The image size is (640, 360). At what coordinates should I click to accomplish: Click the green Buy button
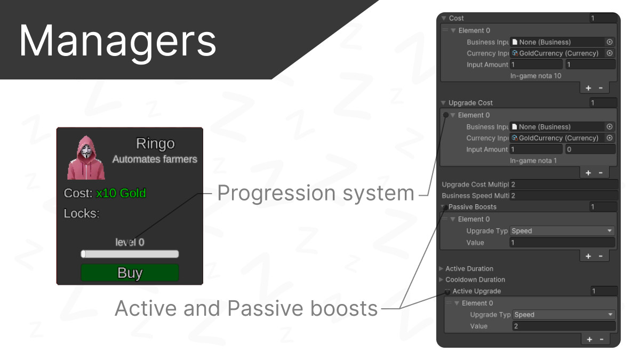[x=130, y=273]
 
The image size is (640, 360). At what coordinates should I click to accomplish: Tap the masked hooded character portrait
[x=86, y=158]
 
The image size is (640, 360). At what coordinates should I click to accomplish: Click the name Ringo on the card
[x=155, y=143]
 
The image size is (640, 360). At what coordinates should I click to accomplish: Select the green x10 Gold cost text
[x=121, y=194]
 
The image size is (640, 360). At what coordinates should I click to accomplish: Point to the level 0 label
[x=130, y=242]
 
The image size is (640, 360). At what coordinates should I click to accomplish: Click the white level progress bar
[x=130, y=254]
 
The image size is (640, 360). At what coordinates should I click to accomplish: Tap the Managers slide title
[x=117, y=42]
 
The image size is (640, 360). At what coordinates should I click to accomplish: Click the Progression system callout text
[x=316, y=193]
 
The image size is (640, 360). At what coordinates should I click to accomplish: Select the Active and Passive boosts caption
[x=246, y=309]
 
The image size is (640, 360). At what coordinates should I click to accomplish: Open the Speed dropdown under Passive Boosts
[x=562, y=231]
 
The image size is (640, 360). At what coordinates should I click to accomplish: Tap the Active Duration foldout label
[x=469, y=269]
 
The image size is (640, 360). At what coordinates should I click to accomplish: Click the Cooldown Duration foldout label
[x=475, y=279]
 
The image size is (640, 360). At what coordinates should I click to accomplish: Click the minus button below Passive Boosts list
[x=601, y=257]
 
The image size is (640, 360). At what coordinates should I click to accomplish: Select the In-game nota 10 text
[x=535, y=76]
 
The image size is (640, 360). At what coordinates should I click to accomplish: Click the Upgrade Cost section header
[x=470, y=103]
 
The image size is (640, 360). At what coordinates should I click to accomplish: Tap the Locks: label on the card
[x=82, y=213]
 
